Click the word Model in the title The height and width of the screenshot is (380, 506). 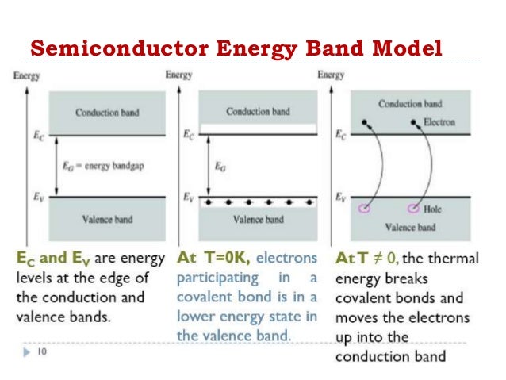(x=402, y=49)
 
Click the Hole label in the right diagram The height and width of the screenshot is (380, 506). (x=433, y=209)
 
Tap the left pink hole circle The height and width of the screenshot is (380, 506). (x=364, y=209)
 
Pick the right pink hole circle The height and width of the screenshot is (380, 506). (x=413, y=209)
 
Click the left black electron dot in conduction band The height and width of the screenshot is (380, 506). (x=364, y=123)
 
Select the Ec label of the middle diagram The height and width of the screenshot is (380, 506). (x=188, y=136)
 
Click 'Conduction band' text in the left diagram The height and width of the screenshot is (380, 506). (x=107, y=112)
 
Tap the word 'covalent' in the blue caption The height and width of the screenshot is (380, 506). (x=205, y=297)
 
